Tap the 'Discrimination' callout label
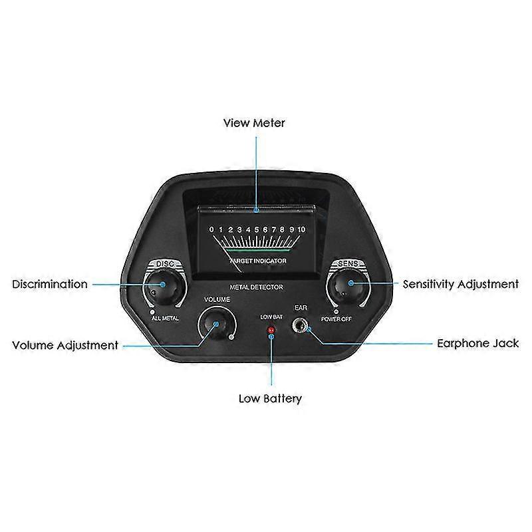(50, 284)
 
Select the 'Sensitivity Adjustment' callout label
(460, 284)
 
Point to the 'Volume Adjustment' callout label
(65, 345)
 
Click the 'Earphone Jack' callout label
(477, 344)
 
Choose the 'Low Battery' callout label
(270, 399)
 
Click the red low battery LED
(271, 331)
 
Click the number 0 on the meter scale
(211, 229)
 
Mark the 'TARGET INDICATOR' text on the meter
(258, 261)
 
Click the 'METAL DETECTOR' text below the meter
(257, 287)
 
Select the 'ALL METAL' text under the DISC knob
(166, 319)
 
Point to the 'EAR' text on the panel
(301, 308)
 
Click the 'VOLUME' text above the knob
(216, 300)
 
